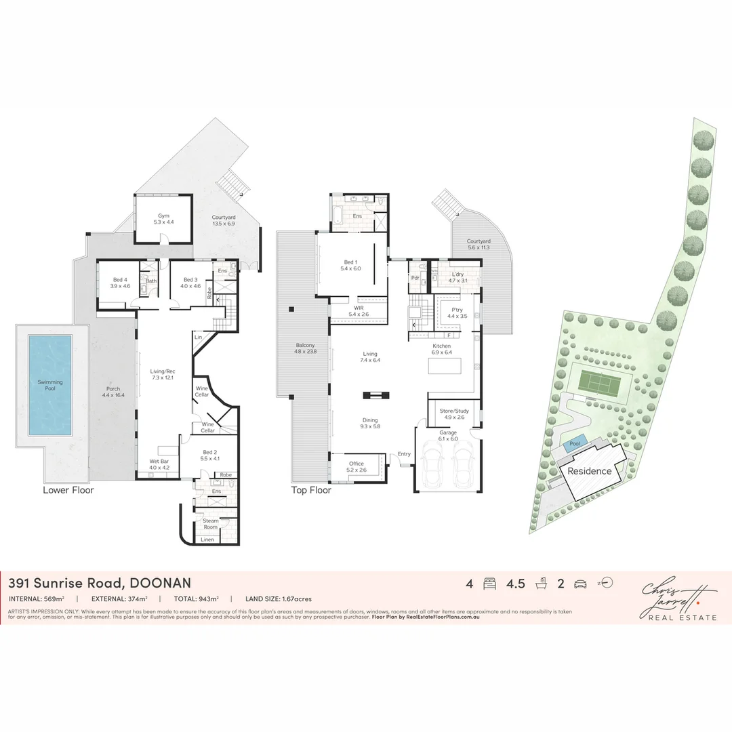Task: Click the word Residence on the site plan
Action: point(589,471)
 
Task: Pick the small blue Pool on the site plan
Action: point(575,444)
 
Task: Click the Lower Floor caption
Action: point(68,489)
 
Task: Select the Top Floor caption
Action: point(311,489)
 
